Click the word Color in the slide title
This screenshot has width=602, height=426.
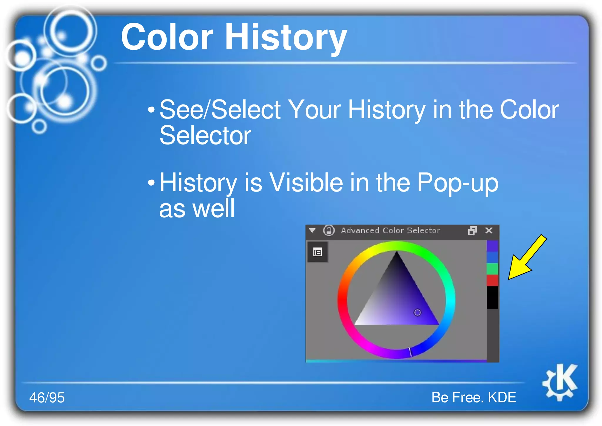pos(167,37)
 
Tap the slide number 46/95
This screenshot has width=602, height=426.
pos(47,397)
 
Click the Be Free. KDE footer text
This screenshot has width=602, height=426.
pos(474,397)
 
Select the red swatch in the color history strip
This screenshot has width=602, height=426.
pos(492,280)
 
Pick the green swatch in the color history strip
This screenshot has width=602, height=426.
pos(492,269)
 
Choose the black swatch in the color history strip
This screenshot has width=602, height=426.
pos(492,297)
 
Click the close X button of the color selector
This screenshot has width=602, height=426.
pos(489,230)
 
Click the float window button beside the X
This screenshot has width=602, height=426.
pos(472,231)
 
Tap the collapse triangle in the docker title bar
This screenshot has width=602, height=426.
pos(312,230)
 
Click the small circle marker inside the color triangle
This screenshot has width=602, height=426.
pos(417,312)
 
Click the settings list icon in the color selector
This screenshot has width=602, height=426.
pos(317,252)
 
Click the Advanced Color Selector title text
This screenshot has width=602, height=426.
pos(390,230)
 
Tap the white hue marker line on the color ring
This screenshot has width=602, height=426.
pos(410,352)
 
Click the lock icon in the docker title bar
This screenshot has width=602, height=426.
pos(329,230)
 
